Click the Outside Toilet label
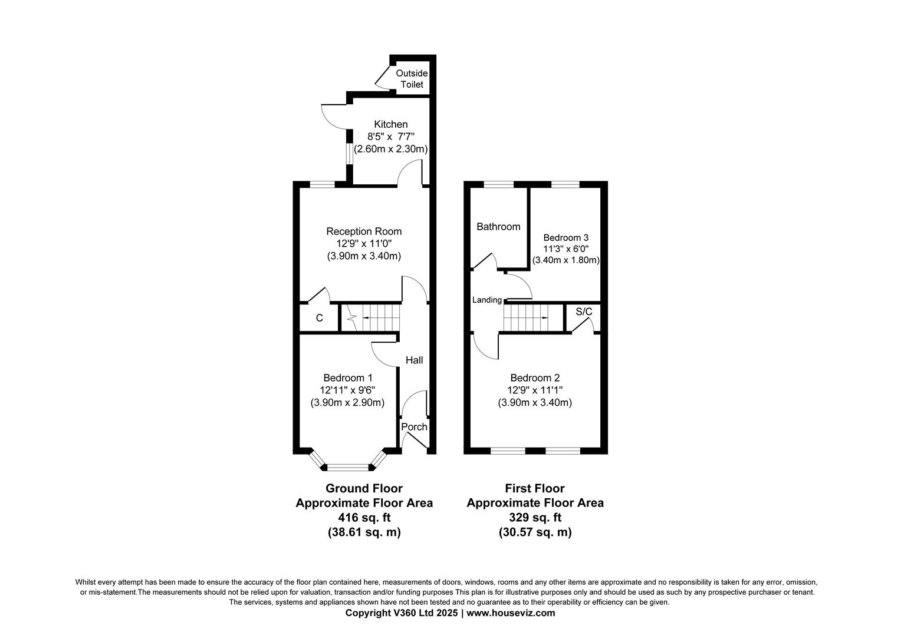click(x=412, y=79)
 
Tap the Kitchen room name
click(x=390, y=124)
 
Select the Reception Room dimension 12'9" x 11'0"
click(x=364, y=244)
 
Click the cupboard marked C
click(x=319, y=318)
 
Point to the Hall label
click(x=414, y=360)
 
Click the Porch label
click(x=414, y=427)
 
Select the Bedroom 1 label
click(x=347, y=377)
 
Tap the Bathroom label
click(x=498, y=227)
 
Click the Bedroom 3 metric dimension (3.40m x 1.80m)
click(x=565, y=260)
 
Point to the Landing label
click(x=486, y=300)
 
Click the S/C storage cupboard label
click(x=583, y=311)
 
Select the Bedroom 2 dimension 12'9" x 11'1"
click(x=535, y=390)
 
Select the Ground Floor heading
click(x=364, y=488)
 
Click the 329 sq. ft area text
click(x=535, y=518)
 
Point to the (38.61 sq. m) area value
click(x=364, y=532)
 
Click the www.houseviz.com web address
click(x=511, y=613)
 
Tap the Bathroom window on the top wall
click(x=498, y=184)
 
